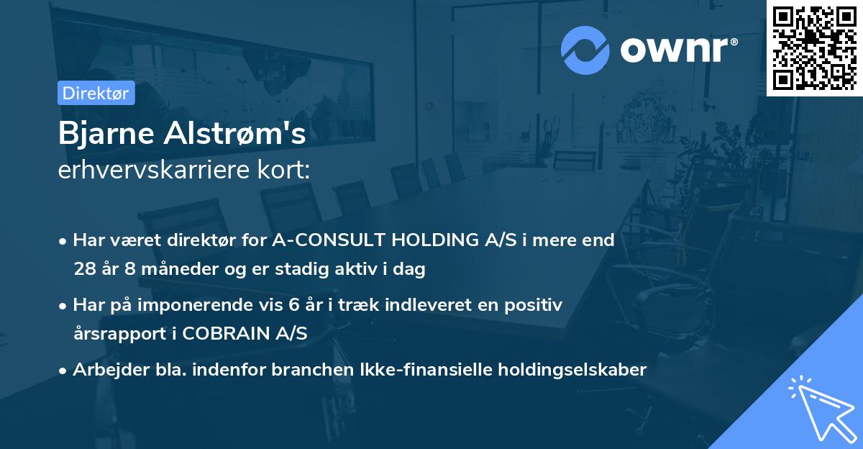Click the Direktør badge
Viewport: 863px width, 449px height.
point(96,93)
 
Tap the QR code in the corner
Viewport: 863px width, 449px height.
point(814,47)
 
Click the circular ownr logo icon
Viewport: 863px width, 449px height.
point(585,50)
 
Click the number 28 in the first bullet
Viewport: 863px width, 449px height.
point(84,269)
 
